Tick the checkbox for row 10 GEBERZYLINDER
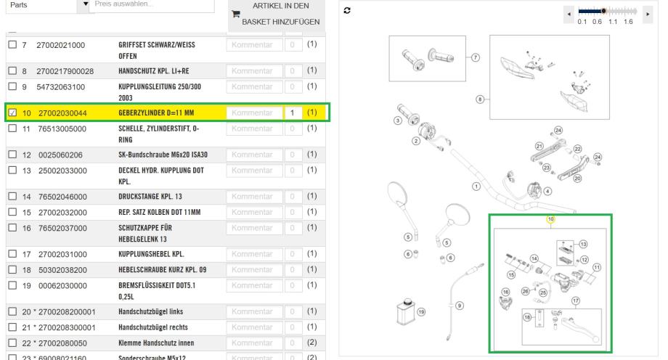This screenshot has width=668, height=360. tap(12, 113)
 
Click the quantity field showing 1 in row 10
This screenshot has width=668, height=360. tap(291, 113)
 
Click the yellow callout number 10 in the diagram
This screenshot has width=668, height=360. tap(550, 218)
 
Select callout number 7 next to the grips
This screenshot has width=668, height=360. tap(475, 56)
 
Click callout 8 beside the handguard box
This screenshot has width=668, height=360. tap(480, 99)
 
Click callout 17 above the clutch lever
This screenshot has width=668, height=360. tap(575, 300)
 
